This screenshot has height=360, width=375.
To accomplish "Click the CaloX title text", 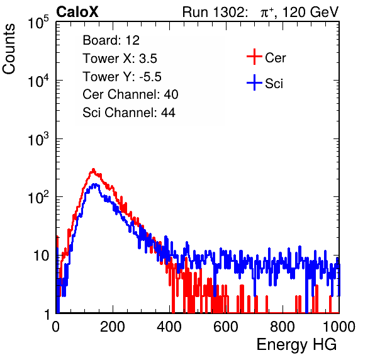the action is pos(77,12).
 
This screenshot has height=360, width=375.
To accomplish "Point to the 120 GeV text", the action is pos(310,12).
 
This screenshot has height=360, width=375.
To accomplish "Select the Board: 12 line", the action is pos(111,40).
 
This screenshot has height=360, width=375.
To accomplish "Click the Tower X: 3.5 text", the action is pos(120,59).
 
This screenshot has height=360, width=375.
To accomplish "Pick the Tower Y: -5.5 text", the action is pos(122,77).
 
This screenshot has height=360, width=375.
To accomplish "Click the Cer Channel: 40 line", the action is pos(130,94).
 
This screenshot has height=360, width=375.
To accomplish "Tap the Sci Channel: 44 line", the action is pos(129,113).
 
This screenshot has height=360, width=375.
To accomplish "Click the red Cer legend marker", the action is pos(254,57).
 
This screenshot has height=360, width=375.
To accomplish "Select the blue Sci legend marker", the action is pos(254,82).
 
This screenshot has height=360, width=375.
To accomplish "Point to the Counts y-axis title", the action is pos(9,49).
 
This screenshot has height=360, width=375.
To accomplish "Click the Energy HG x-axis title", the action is pos(296,345).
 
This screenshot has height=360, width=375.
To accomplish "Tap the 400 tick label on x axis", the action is pos(169,327).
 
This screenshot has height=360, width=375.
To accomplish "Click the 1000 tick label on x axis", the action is pos(339,327).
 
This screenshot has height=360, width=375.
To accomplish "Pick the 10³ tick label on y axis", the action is pos(38,139).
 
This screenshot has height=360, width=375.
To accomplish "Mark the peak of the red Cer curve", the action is pos(94,169).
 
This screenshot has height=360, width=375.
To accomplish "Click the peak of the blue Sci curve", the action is pos(96,184).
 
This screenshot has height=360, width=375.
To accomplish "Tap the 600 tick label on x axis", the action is pos(226,327).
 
